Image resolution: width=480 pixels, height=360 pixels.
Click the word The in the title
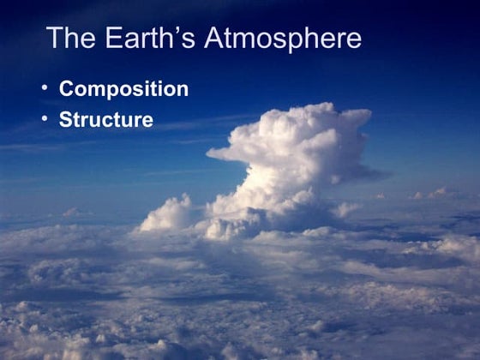coord(69,39)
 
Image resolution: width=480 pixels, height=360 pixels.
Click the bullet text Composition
coord(123,89)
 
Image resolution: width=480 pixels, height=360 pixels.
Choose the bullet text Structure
coord(105,119)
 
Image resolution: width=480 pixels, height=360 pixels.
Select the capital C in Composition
coord(66,89)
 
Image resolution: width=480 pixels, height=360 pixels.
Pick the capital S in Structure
coord(65,119)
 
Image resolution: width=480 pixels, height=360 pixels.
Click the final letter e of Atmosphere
coord(353,41)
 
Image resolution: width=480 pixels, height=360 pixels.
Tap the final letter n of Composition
coord(182,91)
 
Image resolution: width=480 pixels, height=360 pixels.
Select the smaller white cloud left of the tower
coord(166,214)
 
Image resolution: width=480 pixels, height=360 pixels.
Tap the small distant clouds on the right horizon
coord(433,195)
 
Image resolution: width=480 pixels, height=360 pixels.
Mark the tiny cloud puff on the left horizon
coord(70,212)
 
